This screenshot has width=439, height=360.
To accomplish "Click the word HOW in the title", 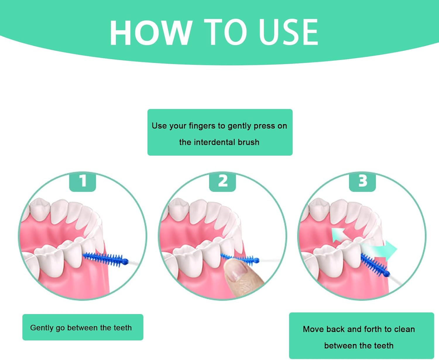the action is (x=151, y=32).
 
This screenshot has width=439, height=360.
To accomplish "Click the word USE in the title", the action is (x=288, y=32).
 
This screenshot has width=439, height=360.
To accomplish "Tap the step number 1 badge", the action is (x=83, y=181).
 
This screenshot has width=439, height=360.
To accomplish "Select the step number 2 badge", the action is (x=222, y=181).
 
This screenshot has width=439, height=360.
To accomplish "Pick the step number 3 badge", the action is (x=362, y=181).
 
